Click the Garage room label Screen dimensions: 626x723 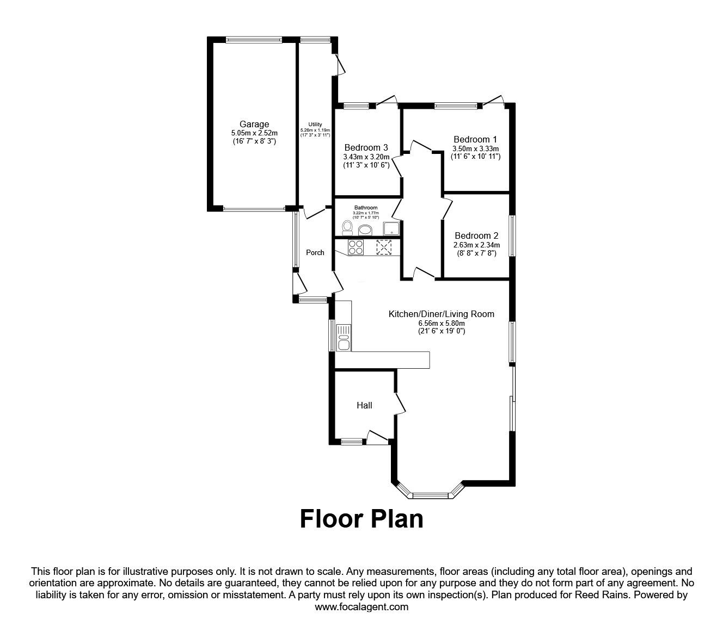(x=254, y=125)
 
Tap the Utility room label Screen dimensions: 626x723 (x=315, y=125)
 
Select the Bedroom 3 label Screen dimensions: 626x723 (x=366, y=147)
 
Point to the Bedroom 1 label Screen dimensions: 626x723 (x=475, y=139)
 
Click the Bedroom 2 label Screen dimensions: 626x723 (x=476, y=235)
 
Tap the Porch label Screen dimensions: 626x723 (x=315, y=252)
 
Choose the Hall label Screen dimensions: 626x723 (x=364, y=405)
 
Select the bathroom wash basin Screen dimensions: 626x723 (x=365, y=229)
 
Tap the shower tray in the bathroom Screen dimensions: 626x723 (x=391, y=228)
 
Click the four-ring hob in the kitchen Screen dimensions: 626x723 (x=356, y=247)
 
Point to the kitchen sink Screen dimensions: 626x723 (x=344, y=338)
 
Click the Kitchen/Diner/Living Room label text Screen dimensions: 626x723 (x=441, y=314)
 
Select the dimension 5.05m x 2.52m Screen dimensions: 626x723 (x=254, y=133)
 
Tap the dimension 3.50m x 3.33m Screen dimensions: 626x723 (x=475, y=148)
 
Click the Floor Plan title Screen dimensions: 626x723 (x=361, y=518)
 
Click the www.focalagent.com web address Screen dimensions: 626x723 (x=361, y=607)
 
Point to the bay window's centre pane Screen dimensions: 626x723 (x=431, y=495)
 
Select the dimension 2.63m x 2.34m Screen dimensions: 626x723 (x=476, y=245)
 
